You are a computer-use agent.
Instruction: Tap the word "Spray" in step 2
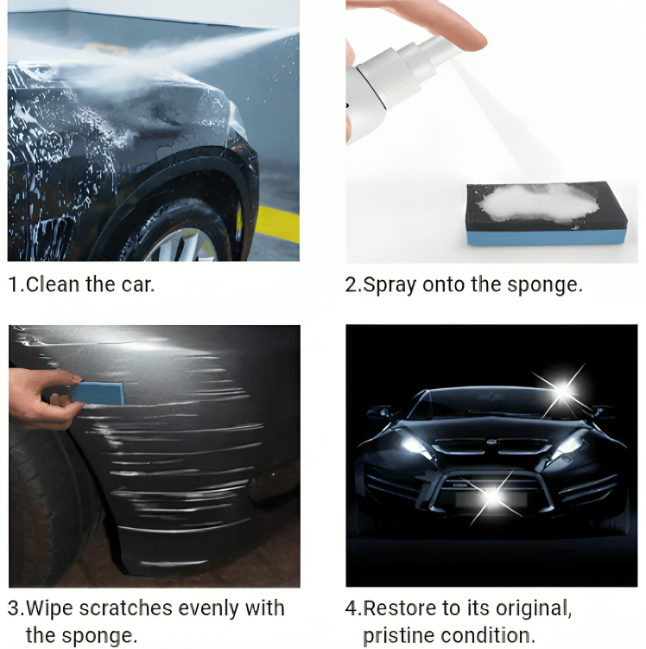coord(390,285)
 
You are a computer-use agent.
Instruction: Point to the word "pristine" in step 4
coord(399,636)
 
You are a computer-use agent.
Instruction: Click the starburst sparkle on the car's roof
coord(562,391)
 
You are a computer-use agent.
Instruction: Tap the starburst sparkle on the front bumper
coord(491,496)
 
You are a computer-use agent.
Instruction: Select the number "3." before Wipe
coord(16,608)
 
